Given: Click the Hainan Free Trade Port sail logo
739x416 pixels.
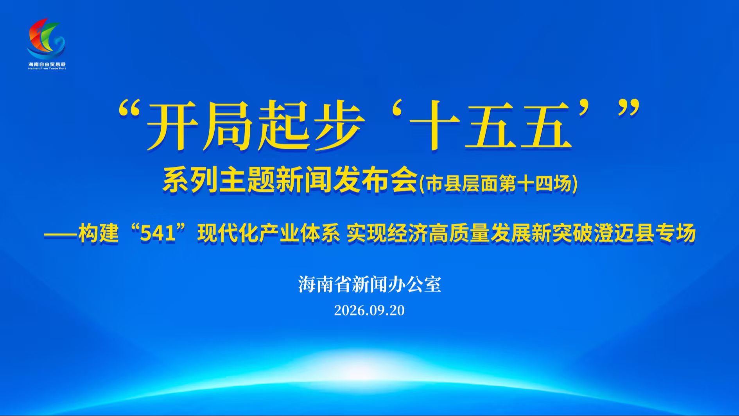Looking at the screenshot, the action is pos(46,38).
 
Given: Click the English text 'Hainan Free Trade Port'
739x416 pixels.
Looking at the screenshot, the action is pos(47,68).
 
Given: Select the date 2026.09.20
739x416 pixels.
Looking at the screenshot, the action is pos(369,310).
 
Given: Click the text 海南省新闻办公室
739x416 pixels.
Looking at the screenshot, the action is pos(369,285).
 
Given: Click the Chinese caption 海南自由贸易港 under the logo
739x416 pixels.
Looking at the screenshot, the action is pos(47,64).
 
